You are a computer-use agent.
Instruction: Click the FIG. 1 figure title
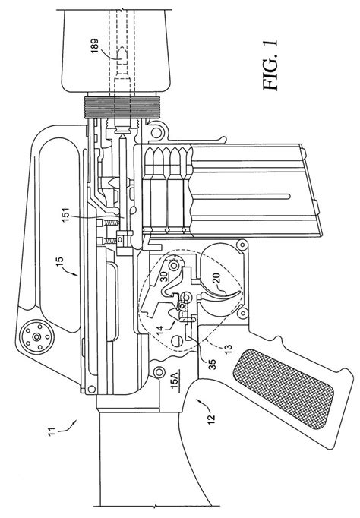pyautogui.click(x=270, y=65)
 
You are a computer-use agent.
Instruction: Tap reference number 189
pyautogui.click(x=95, y=46)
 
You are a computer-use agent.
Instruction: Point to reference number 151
pyautogui.click(x=65, y=215)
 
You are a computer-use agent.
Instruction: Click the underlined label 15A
pyautogui.click(x=175, y=377)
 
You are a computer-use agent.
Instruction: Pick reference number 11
pyautogui.click(x=52, y=431)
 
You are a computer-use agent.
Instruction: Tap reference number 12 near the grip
pyautogui.click(x=211, y=418)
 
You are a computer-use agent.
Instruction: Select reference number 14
pyautogui.click(x=159, y=329)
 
